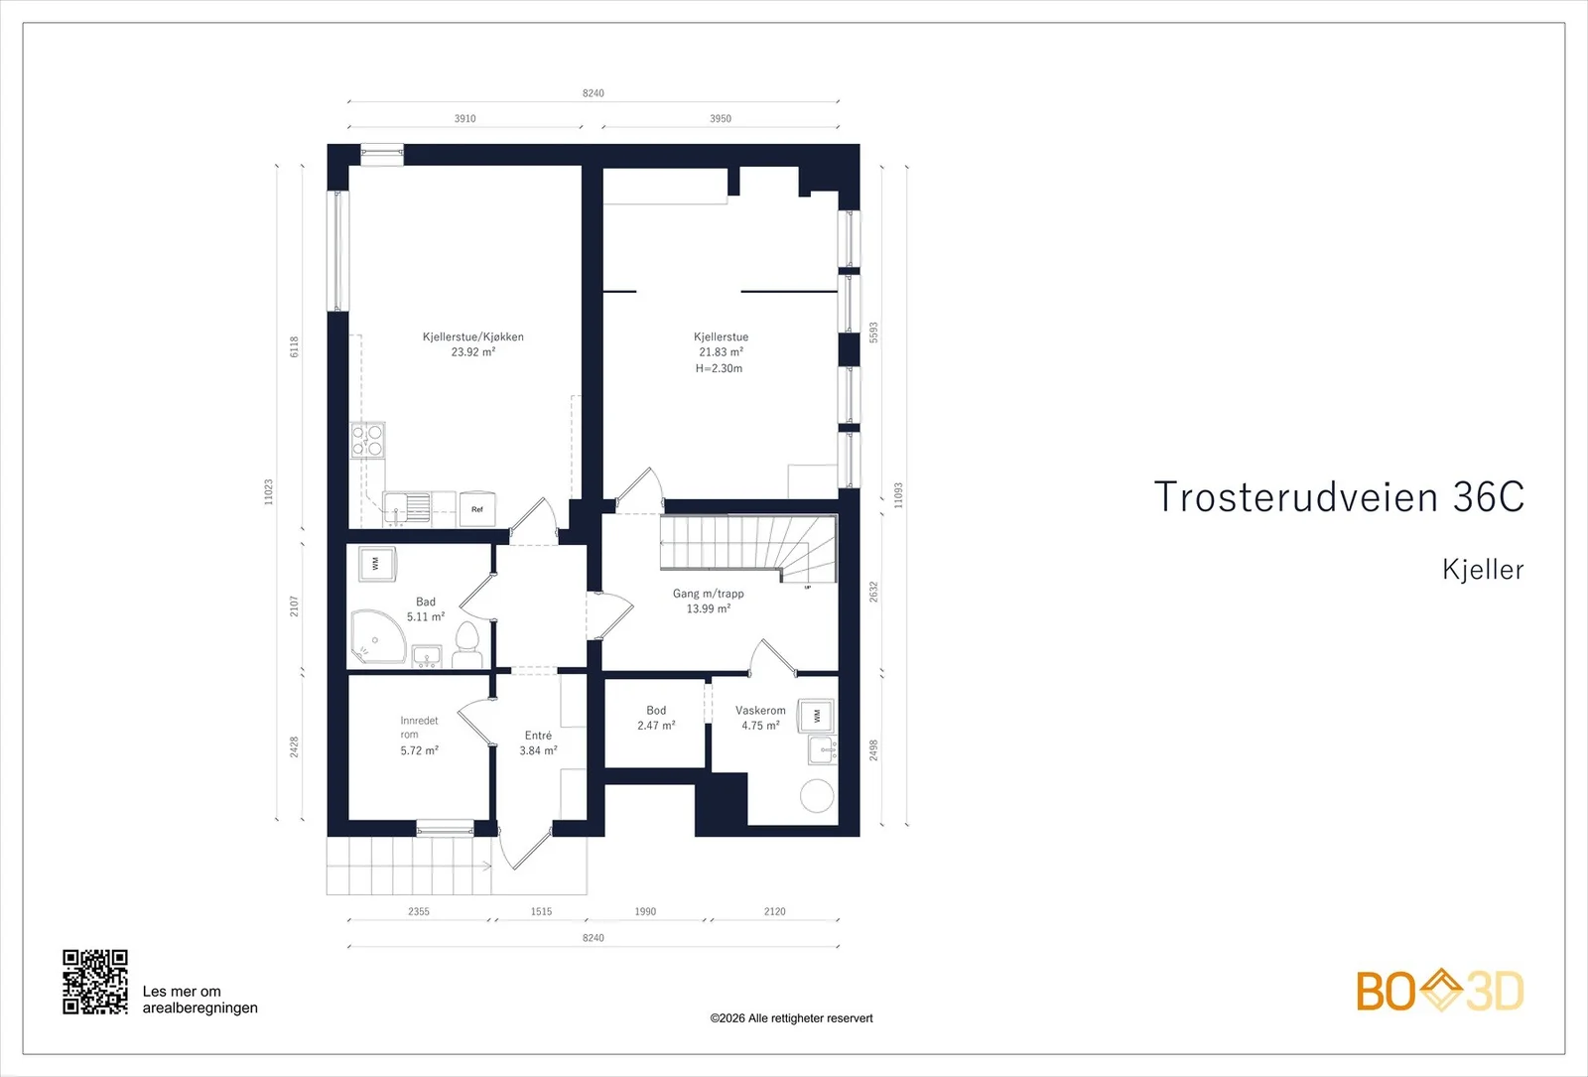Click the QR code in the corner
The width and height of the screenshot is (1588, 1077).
pyautogui.click(x=95, y=982)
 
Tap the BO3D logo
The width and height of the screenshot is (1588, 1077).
pyautogui.click(x=1440, y=991)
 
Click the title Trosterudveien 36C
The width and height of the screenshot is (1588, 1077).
pyautogui.click(x=1339, y=496)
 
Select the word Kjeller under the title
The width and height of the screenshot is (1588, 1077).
pyautogui.click(x=1483, y=570)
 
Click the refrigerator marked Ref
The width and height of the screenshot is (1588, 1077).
pyautogui.click(x=477, y=509)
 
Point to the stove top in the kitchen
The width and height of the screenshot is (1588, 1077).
pyautogui.click(x=368, y=440)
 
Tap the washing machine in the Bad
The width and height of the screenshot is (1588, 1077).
pyautogui.click(x=376, y=564)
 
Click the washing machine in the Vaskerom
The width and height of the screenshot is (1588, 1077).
pyautogui.click(x=816, y=716)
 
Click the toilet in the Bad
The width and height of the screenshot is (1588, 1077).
pyautogui.click(x=466, y=644)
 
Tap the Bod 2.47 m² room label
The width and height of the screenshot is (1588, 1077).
pyautogui.click(x=656, y=718)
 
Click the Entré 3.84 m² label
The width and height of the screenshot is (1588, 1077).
pyautogui.click(x=538, y=743)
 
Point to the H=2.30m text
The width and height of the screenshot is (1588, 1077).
pyautogui.click(x=719, y=368)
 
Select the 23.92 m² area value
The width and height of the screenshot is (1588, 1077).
pyautogui.click(x=473, y=351)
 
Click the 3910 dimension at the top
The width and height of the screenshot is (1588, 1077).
pyautogui.click(x=465, y=118)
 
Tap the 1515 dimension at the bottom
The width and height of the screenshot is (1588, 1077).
pyautogui.click(x=541, y=911)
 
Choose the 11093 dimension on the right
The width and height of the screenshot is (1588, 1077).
pyautogui.click(x=898, y=495)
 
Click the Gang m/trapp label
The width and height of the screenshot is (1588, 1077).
pyautogui.click(x=709, y=594)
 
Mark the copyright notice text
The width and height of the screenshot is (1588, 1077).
pyautogui.click(x=791, y=1018)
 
